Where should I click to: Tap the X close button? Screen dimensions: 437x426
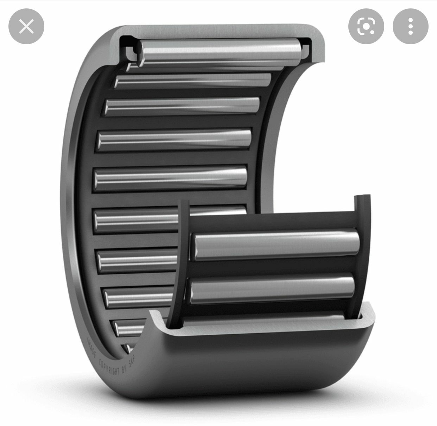(26, 26)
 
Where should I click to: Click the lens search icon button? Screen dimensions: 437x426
(366, 26)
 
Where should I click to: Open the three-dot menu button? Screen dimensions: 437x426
(410, 26)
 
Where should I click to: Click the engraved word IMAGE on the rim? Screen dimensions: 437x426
(91, 348)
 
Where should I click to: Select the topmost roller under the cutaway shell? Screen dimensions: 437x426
(219, 52)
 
